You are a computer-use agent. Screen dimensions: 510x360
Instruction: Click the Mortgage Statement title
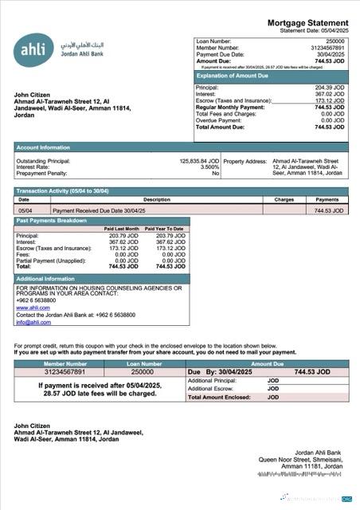click(x=307, y=23)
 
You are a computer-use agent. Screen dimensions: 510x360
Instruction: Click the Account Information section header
click(x=43, y=147)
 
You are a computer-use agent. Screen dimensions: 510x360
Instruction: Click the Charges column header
click(x=284, y=199)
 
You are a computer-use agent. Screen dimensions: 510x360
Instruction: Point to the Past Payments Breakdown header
click(x=53, y=219)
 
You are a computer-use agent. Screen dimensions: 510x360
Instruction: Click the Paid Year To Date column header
click(x=165, y=229)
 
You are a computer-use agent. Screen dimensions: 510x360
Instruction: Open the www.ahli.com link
click(x=28, y=307)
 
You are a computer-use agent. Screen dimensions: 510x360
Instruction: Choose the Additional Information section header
click(x=45, y=279)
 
